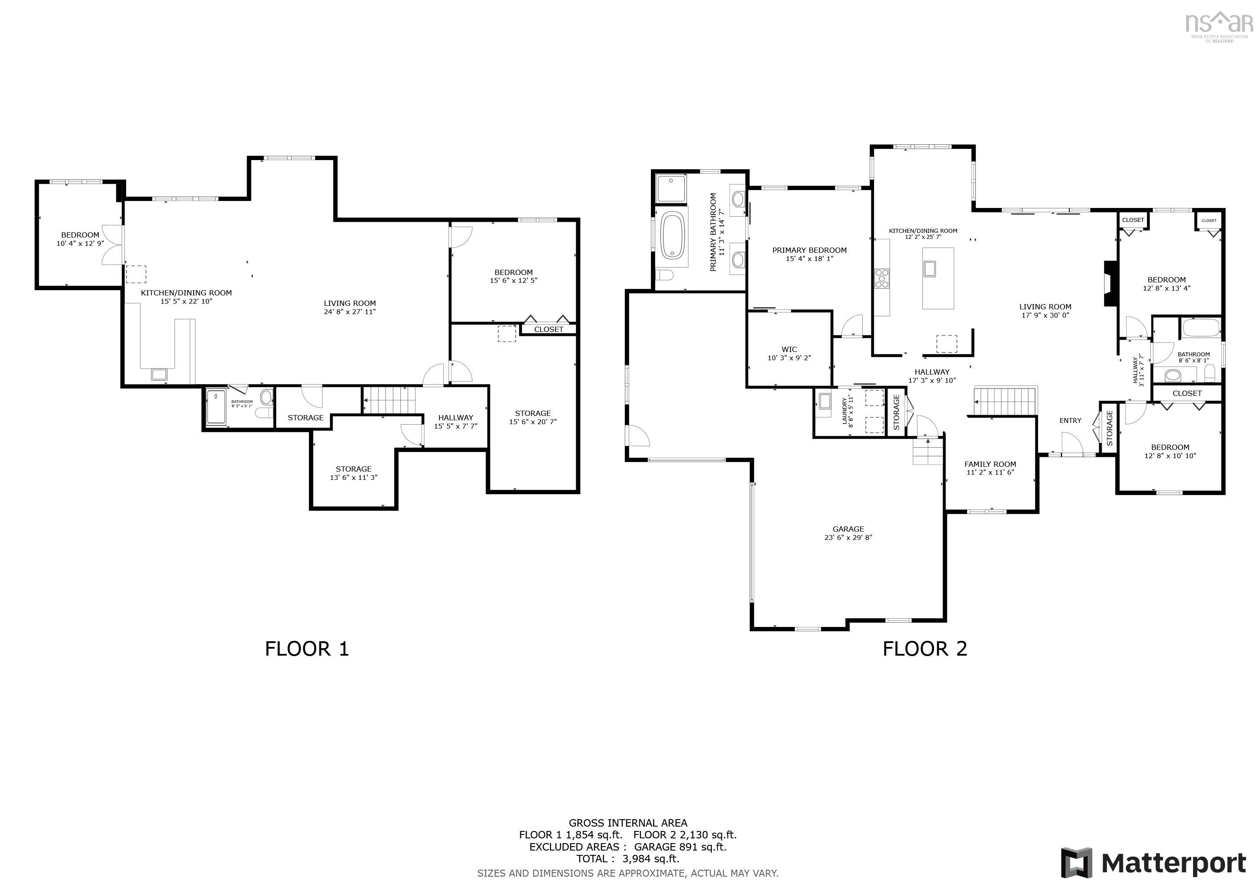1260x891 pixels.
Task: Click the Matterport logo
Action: coord(1153,863)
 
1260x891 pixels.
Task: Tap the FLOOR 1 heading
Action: coord(307,649)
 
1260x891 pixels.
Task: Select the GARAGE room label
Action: coord(848,529)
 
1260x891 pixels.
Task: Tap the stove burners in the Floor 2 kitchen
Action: coord(882,278)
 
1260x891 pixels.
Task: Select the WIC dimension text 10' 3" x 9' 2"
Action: coord(789,358)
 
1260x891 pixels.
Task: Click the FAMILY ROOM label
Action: coord(990,464)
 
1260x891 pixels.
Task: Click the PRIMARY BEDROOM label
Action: coord(809,250)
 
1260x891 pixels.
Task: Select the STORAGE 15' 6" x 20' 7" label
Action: coord(532,418)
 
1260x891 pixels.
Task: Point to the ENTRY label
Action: coord(1070,420)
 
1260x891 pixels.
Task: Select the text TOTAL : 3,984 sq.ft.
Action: coord(627,859)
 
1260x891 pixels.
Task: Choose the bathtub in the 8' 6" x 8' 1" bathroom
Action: coord(1201,328)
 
